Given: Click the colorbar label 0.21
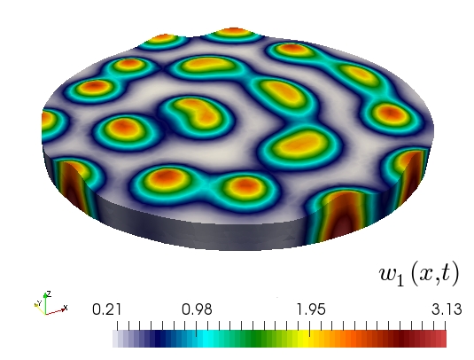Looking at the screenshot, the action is click(x=106, y=309).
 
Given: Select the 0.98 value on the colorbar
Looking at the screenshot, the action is click(x=197, y=309).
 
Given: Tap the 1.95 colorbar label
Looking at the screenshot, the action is click(x=311, y=309).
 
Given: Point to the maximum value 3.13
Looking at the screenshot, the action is click(x=447, y=309).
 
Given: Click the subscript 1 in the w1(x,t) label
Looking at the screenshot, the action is click(x=400, y=280).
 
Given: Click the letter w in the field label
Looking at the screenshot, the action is click(x=387, y=275).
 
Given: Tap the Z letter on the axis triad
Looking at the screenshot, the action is click(x=49, y=293).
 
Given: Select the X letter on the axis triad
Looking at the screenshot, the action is click(x=66, y=308).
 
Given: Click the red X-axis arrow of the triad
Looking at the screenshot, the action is click(x=56, y=311).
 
